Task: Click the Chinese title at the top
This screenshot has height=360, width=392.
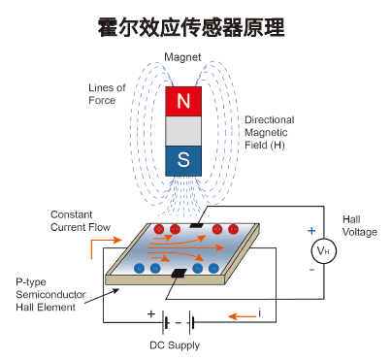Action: [195, 25]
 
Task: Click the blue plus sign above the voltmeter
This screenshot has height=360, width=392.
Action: [311, 231]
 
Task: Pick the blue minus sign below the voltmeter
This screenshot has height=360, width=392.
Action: [311, 271]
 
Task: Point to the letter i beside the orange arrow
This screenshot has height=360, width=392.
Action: [259, 312]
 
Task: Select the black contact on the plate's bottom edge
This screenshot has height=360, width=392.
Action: [177, 276]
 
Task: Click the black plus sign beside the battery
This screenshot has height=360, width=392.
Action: [150, 313]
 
